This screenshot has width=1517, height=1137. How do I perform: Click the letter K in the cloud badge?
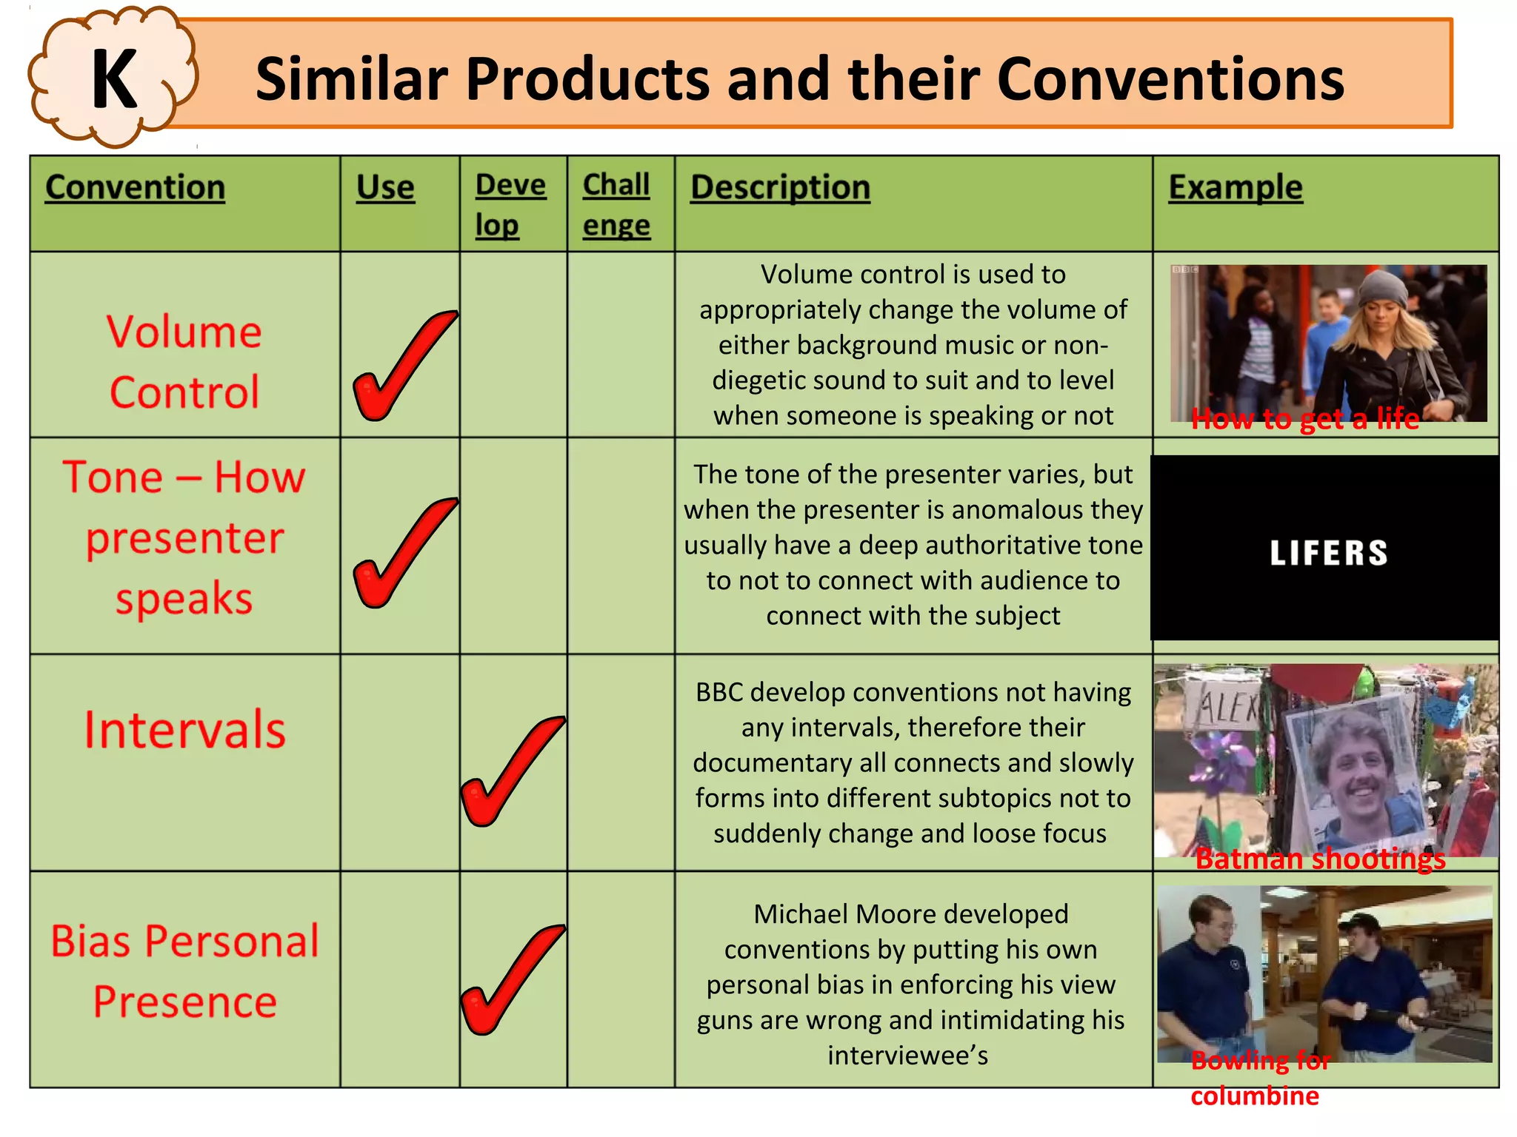coord(114,78)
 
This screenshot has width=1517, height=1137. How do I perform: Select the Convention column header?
coord(135,187)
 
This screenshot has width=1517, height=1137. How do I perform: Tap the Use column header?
coord(385,187)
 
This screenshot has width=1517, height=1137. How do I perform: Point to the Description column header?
coord(780,187)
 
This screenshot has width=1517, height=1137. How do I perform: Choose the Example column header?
coord(1235,187)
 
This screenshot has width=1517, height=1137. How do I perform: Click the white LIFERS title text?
coord(1329,553)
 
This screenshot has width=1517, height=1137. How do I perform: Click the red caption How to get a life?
coord(1305,419)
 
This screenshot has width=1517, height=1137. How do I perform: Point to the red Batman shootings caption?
coord(1320,859)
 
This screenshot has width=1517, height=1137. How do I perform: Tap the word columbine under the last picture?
coord(1255,1096)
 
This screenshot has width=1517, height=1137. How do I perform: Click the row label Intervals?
coord(184,730)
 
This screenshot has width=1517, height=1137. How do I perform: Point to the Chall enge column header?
coord(616,204)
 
